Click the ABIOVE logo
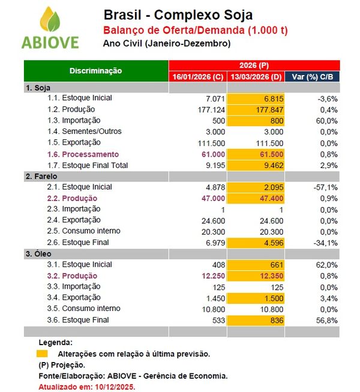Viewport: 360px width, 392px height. (x=50, y=29)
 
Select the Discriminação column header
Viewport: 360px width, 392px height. (x=95, y=71)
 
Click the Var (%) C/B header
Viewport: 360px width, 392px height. (x=312, y=77)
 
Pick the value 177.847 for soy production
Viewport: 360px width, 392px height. (x=256, y=110)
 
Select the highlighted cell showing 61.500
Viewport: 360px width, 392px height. (x=256, y=154)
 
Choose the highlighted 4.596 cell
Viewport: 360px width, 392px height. (x=256, y=243)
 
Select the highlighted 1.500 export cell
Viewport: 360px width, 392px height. (x=256, y=298)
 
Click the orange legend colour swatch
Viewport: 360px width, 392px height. (x=42, y=354)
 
